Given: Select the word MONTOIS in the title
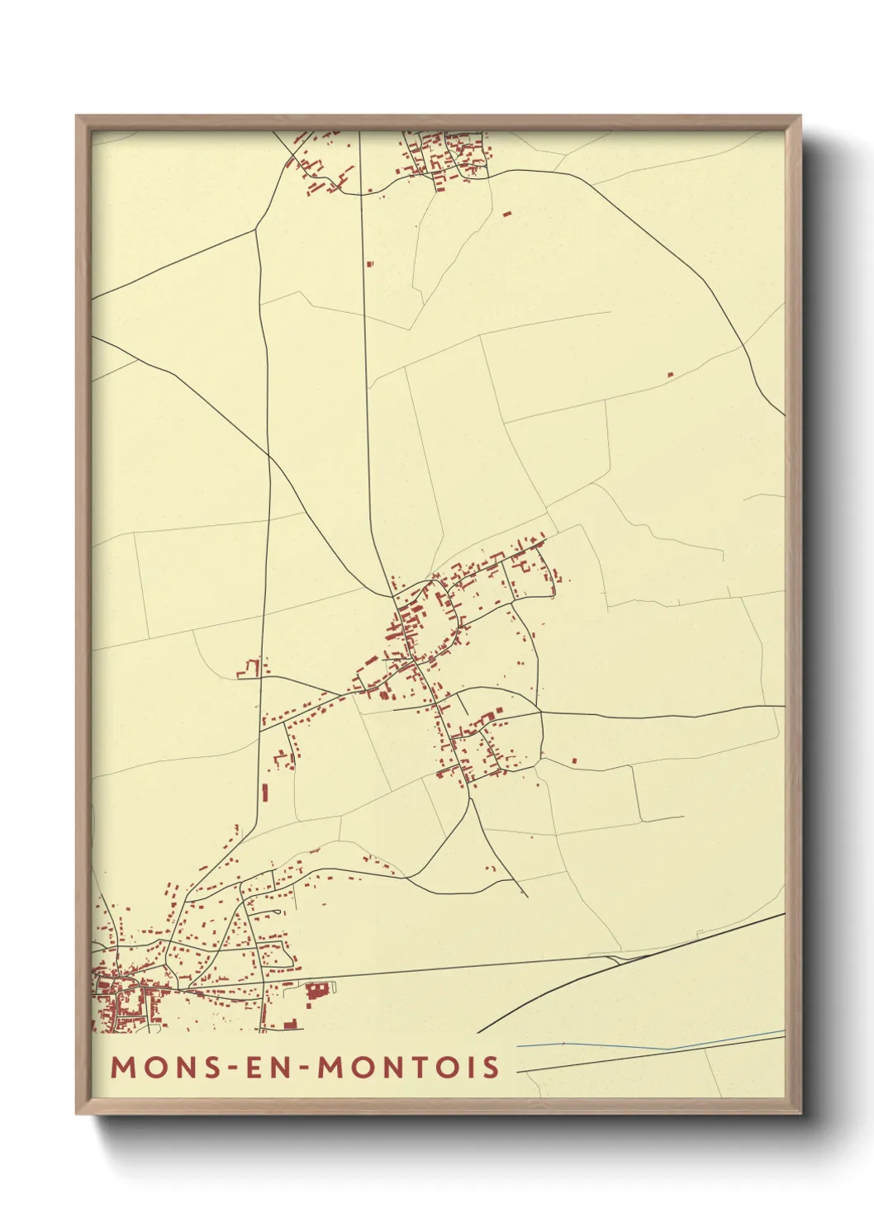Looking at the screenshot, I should click(x=409, y=1067).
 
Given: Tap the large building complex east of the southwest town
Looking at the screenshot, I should click(x=317, y=991).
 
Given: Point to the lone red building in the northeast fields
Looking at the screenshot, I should click(x=670, y=375).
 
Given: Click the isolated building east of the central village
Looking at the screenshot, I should click(x=574, y=760).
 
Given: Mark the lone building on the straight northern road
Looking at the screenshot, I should click(x=369, y=264).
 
